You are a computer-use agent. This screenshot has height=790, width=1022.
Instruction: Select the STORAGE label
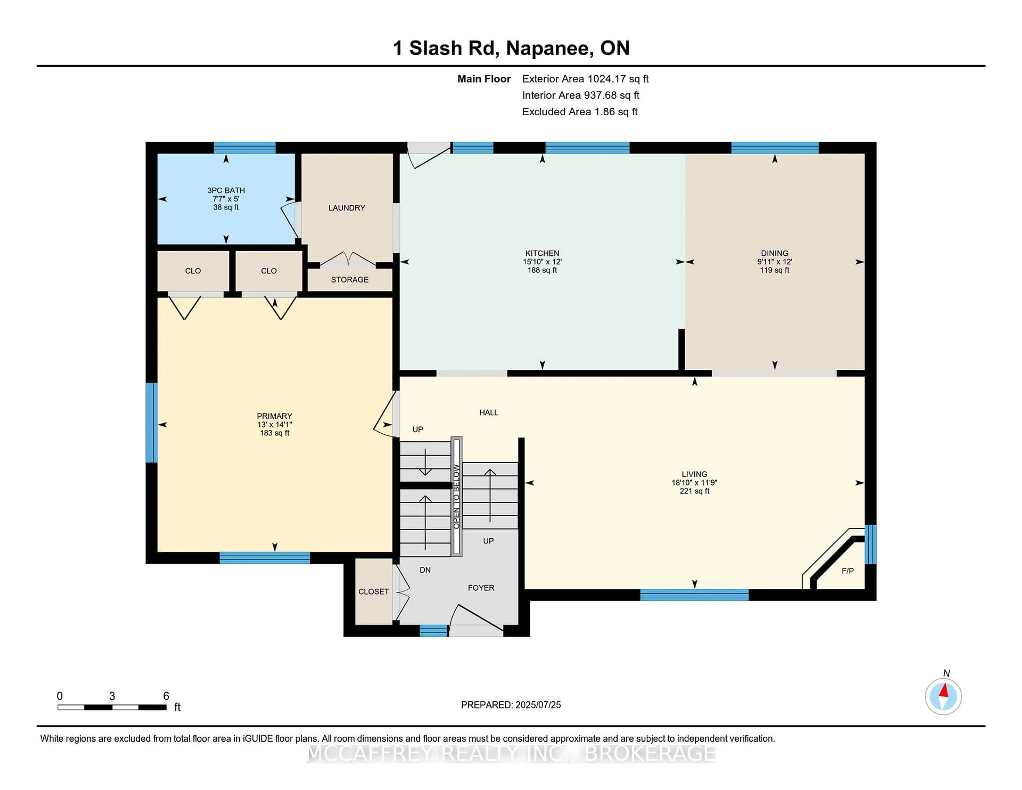tap(349, 280)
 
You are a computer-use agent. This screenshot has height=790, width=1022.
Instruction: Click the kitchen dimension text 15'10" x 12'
tap(542, 262)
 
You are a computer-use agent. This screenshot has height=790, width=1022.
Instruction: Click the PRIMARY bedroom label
tap(274, 416)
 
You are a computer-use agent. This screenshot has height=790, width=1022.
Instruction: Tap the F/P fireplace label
tap(847, 571)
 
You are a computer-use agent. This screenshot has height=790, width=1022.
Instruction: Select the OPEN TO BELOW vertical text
tap(456, 497)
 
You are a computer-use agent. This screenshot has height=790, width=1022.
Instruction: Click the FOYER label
tap(481, 588)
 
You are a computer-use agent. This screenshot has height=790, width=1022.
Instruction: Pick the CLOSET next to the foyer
tap(373, 592)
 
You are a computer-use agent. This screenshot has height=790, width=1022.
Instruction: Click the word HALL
tap(489, 413)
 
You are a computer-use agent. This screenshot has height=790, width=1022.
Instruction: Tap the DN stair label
tap(425, 570)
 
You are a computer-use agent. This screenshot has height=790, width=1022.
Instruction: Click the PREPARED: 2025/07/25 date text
tap(510, 705)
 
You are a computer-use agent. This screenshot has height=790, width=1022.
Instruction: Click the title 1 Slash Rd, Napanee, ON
tap(511, 48)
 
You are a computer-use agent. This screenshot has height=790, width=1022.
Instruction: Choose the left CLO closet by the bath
tap(193, 271)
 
